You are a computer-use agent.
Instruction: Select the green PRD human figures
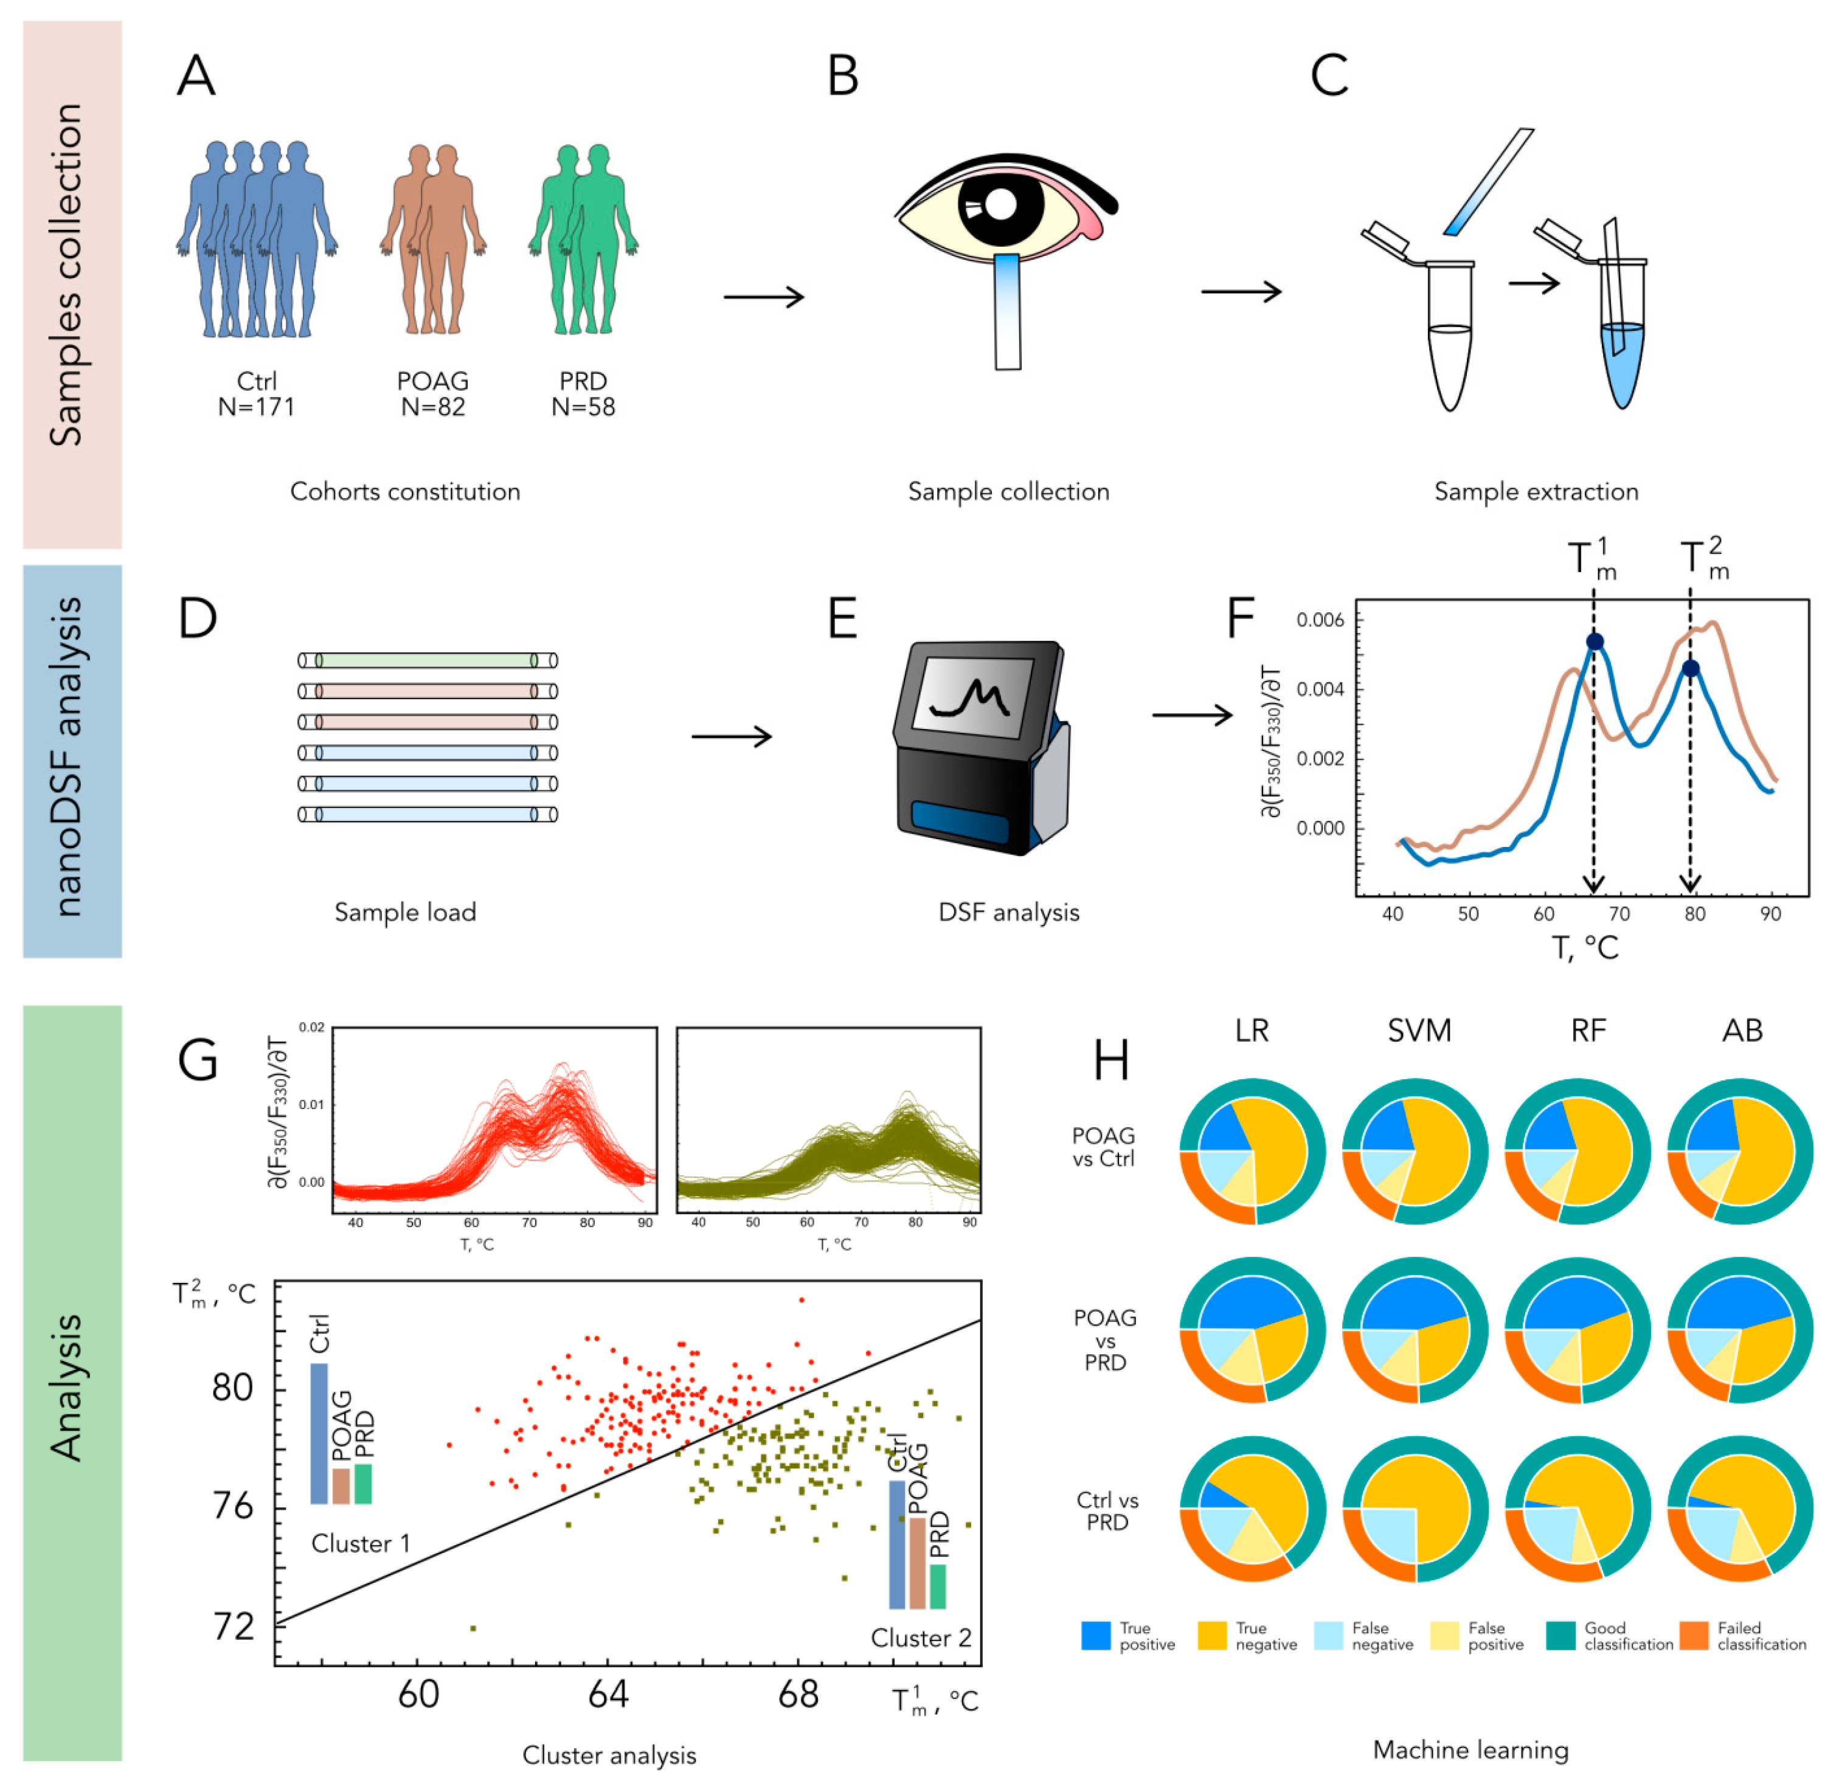[x=583, y=239]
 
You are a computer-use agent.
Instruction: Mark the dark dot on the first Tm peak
[x=1593, y=642]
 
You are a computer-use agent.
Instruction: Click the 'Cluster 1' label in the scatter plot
[x=361, y=1543]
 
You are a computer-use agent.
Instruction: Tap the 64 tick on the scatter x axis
[x=608, y=1694]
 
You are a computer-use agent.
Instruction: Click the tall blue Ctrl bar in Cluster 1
[x=319, y=1434]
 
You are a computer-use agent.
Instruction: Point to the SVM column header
[x=1419, y=1031]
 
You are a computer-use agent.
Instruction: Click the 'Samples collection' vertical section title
[x=68, y=277]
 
